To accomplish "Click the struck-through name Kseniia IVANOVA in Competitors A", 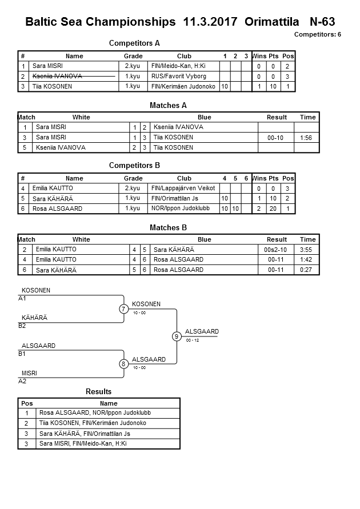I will tap(58, 76).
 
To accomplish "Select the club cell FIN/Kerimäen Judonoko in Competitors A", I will tap(183, 86).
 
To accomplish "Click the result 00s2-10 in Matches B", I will tap(276, 250).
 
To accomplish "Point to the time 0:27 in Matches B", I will tap(307, 270).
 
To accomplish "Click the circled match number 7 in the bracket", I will tap(123, 309).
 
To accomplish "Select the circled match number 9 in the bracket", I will tap(177, 336).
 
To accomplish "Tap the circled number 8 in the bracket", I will tap(123, 363).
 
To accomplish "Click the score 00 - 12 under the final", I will tap(193, 340).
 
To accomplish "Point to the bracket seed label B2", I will tap(22, 326).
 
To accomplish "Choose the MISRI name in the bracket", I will tap(29, 373).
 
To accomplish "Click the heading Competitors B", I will tap(134, 166).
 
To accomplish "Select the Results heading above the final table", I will tap(99, 391).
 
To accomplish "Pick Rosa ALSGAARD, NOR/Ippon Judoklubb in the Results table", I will tap(95, 412).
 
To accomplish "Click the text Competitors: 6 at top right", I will tap(317, 34).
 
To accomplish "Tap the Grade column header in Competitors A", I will tap(133, 56).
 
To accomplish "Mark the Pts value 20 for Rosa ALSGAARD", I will tap(273, 209).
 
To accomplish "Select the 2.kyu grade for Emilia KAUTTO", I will tap(133, 188).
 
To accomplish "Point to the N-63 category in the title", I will tap(322, 22).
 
